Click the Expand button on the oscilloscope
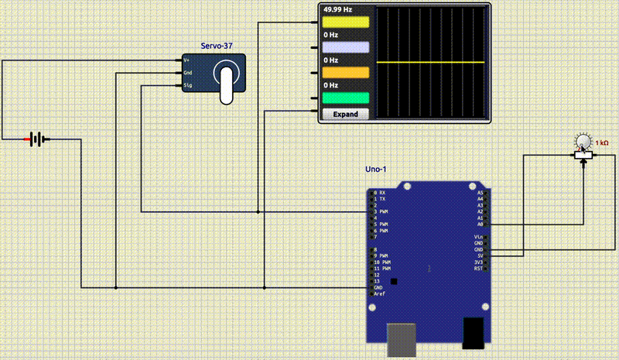click(x=345, y=114)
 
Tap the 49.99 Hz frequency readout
click(x=337, y=10)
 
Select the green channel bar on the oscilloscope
click(x=345, y=98)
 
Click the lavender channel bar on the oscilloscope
click(x=345, y=47)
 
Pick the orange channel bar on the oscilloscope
click(x=345, y=73)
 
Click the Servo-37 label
click(x=217, y=46)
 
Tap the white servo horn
click(x=226, y=84)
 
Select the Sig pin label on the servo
click(x=187, y=85)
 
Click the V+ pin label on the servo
click(x=186, y=60)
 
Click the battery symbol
click(x=36, y=139)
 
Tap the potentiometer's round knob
click(x=583, y=141)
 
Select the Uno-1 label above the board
click(x=376, y=170)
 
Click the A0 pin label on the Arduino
click(x=480, y=224)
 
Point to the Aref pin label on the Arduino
click(x=379, y=294)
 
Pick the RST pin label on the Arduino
click(x=478, y=269)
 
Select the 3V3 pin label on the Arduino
click(x=478, y=262)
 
